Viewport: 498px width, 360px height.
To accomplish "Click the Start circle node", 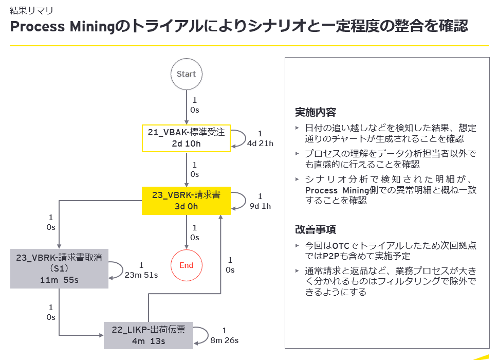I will click(187, 74).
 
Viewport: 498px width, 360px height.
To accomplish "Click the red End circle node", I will click(186, 265).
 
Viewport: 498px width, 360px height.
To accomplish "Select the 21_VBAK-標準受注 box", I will click(186, 138).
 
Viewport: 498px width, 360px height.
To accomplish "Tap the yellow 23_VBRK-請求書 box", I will click(186, 201).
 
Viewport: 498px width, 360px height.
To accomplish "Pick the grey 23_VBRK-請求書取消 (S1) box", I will click(60, 268).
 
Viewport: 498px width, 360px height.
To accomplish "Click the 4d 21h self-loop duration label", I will click(260, 143).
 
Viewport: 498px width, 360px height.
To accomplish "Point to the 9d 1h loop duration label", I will click(260, 206).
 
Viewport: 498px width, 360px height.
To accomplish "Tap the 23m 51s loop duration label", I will click(141, 275).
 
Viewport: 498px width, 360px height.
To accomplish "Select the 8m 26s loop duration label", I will click(224, 340).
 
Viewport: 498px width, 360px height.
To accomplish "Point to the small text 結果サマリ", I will click(31, 10).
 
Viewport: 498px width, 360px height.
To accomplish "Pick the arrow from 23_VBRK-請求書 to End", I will click(186, 232).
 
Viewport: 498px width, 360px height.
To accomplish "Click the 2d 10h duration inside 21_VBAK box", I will click(186, 143).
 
